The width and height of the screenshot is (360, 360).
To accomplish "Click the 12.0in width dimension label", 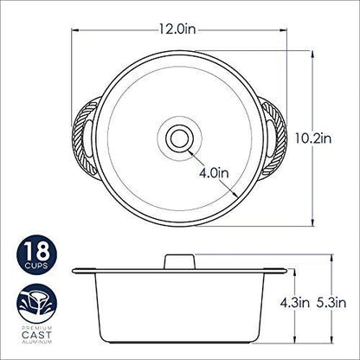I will point(183,29).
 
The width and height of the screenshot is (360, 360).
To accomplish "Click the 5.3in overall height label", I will point(333,304).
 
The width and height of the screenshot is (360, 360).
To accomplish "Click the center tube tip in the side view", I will point(180,259).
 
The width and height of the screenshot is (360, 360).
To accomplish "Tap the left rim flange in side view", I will point(85,270).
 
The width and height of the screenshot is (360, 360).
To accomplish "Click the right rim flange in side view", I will point(275,270).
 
